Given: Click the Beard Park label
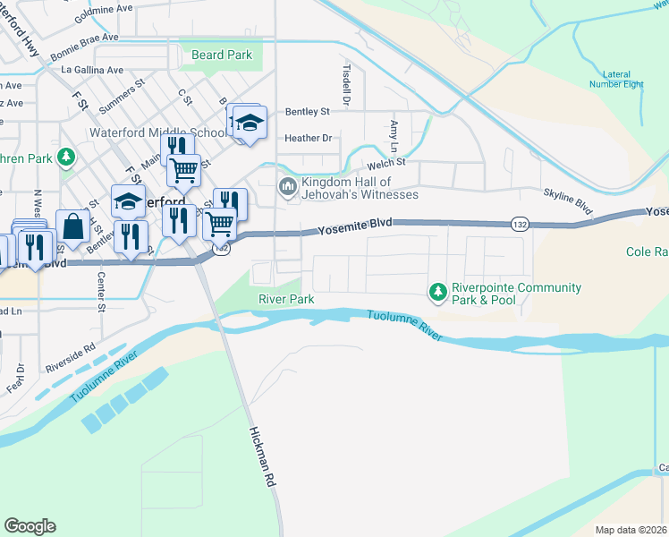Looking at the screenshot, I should click(222, 55).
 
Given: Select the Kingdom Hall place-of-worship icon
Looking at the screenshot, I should click(288, 186).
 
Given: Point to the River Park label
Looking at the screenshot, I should click(286, 299).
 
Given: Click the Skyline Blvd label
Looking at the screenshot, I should click(568, 201).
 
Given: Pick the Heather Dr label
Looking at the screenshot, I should click(308, 138).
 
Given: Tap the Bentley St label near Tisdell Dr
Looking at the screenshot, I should click(308, 112).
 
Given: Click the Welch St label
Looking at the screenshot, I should click(387, 163).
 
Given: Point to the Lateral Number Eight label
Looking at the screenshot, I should click(616, 79).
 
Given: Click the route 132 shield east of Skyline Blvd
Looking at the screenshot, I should click(519, 223).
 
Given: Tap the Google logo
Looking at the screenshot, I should click(30, 526).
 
